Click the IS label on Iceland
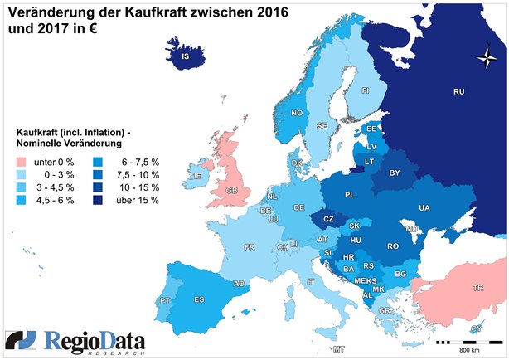pos(186,57)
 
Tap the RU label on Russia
pos(458,91)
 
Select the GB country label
pos(232,191)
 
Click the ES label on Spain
pos(199,299)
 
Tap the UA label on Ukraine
pos(424,207)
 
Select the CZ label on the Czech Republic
pos(328,219)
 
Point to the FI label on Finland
pos(365,90)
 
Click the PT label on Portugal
pos(165,300)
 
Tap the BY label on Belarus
pos(395,173)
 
